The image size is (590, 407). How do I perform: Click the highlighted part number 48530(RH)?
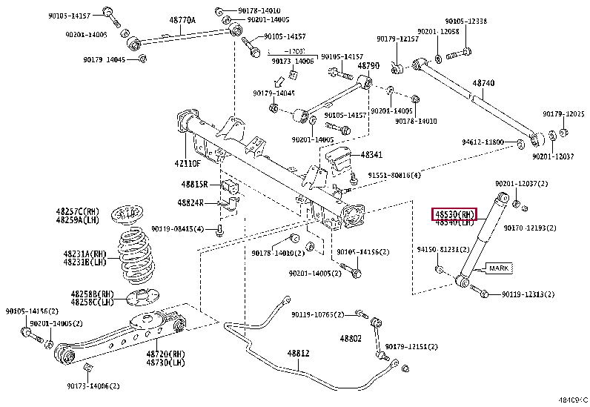454,214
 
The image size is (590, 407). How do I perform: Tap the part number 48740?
484,84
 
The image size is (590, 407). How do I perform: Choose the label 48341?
371,155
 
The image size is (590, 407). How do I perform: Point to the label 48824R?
191,202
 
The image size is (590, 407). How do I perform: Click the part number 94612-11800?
483,142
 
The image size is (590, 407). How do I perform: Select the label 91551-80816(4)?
395,175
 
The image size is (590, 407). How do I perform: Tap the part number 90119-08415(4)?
177,228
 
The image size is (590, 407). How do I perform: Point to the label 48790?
368,66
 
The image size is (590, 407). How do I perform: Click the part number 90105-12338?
465,21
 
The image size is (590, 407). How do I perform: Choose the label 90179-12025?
563,114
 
